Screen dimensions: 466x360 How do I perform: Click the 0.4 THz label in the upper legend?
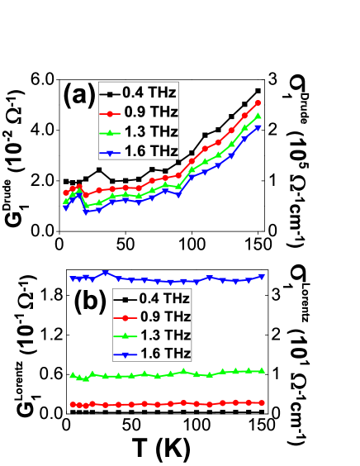tap(150, 92)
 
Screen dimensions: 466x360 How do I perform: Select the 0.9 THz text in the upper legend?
tap(150, 112)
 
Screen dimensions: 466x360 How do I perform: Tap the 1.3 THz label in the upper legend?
tap(150, 131)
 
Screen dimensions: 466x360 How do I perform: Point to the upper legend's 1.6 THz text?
tap(150, 151)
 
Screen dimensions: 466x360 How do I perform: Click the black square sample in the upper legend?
tap(108, 93)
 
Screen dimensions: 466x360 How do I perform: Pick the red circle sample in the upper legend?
tap(108, 112)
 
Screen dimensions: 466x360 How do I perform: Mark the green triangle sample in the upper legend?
tap(108, 132)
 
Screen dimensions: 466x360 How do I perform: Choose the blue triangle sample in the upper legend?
tap(108, 152)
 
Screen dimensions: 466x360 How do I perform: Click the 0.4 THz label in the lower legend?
tap(164, 298)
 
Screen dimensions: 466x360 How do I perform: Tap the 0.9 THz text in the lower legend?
tap(164, 317)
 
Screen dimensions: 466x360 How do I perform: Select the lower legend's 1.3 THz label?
tap(164, 335)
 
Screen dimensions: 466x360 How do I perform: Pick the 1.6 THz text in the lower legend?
tap(164, 354)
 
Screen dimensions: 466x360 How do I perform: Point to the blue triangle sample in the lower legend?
tap(123, 354)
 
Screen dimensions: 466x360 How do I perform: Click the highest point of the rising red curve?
tap(258, 102)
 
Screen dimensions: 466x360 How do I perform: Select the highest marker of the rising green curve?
tap(258, 116)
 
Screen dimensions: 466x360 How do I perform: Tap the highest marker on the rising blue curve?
tap(258, 127)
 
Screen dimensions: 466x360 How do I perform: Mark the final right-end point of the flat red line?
tap(262, 402)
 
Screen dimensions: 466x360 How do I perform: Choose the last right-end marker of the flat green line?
tap(262, 370)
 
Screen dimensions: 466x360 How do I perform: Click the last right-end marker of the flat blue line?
tap(262, 276)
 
